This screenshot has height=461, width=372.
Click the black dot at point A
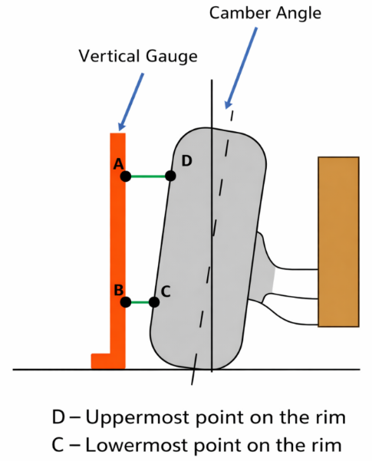(126, 176)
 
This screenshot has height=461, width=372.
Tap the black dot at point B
(126, 302)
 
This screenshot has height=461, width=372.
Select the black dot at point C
(154, 302)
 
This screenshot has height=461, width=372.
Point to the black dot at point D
(170, 176)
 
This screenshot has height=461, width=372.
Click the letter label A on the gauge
(119, 164)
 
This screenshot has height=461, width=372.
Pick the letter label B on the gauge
(119, 290)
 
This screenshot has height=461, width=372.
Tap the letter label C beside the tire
(166, 291)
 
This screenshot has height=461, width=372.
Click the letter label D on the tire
(186, 161)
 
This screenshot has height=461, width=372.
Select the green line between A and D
(148, 176)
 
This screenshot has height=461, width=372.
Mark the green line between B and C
(140, 302)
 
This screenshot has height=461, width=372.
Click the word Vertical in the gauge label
(109, 56)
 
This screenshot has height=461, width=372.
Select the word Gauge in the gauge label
(172, 57)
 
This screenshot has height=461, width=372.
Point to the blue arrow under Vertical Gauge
(131, 102)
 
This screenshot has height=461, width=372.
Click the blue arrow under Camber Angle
(241, 68)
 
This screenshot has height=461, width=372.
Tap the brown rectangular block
(338, 242)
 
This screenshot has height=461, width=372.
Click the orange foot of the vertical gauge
(100, 361)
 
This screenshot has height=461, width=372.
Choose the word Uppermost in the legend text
(137, 418)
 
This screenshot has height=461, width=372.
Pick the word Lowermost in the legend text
(137, 445)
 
